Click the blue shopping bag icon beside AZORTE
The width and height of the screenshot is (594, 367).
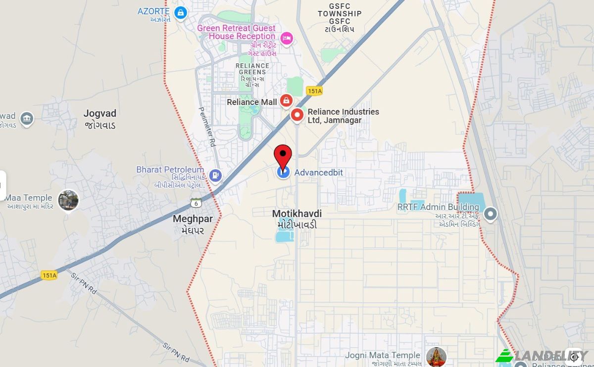point(181,12)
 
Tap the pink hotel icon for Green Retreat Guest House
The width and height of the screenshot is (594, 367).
point(286,38)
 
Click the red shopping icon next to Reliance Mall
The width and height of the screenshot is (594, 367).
point(286,102)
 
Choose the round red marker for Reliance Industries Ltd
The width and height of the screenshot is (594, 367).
point(297,115)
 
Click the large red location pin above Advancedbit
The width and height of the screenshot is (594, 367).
point(283,156)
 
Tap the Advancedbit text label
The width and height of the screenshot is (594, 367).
point(318,173)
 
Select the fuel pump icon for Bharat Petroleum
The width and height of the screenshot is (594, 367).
point(215,175)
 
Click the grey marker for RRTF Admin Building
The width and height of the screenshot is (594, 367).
point(490,214)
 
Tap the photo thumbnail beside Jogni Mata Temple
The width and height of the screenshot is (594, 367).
point(436,357)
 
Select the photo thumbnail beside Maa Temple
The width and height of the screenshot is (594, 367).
point(68,200)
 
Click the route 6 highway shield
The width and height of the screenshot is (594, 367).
point(196,203)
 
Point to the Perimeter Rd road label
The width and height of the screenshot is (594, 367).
point(207,127)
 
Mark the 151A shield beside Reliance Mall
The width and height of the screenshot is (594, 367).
point(314,91)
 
